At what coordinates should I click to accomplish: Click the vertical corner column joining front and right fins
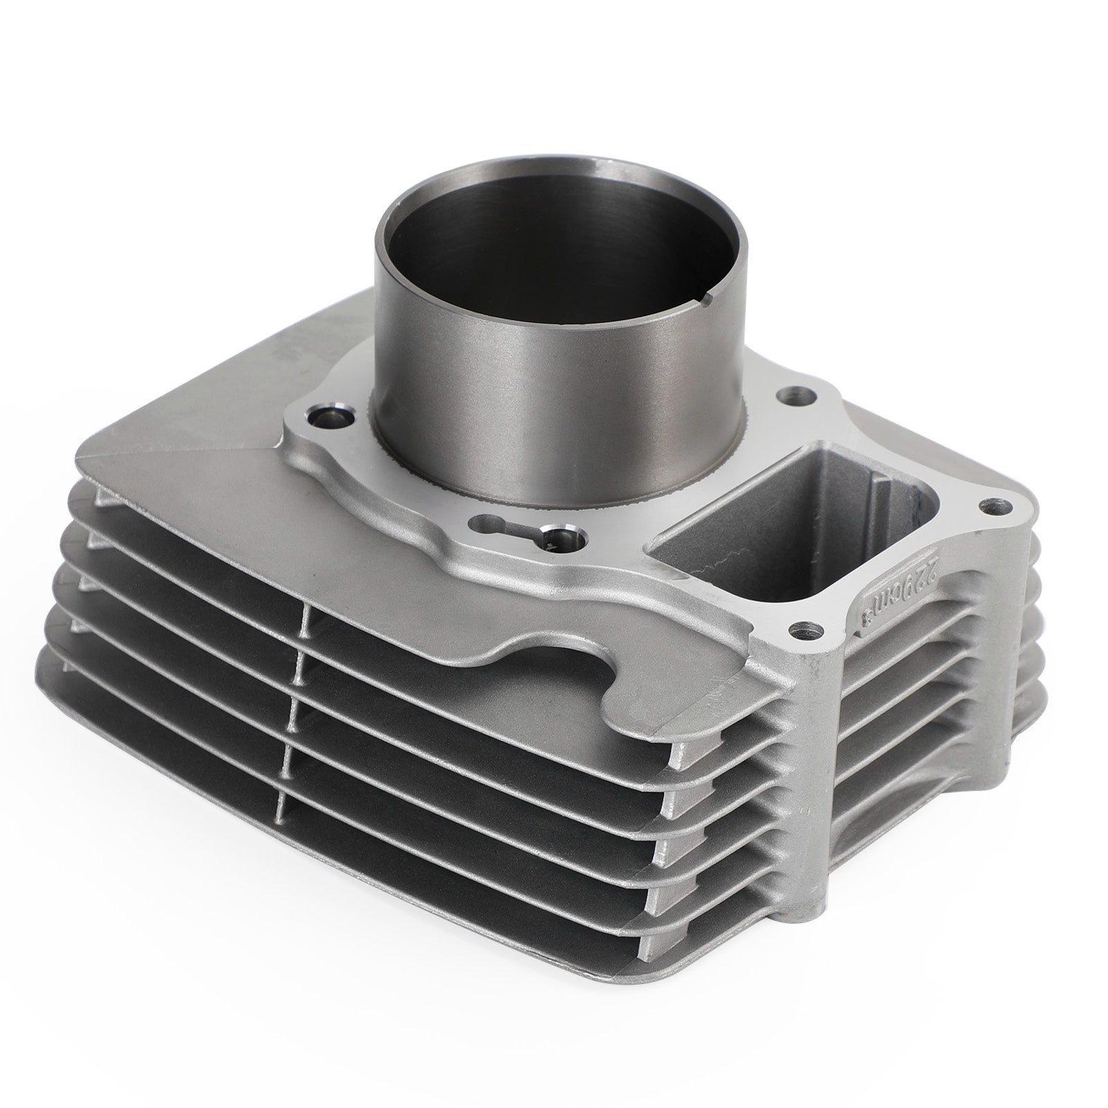pyautogui.click(x=817, y=762)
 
